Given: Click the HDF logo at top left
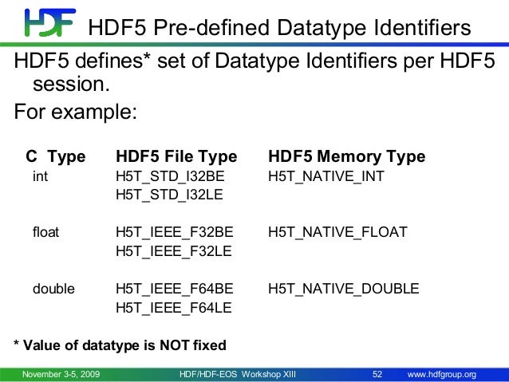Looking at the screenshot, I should click(49, 24).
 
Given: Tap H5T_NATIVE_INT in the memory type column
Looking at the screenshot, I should click(326, 176).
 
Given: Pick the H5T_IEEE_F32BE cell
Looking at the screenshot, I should click(175, 232).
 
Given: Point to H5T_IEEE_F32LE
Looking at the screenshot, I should click(174, 250).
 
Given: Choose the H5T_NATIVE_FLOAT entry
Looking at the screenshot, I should click(337, 232).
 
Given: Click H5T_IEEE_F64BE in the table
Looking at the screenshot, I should click(175, 289).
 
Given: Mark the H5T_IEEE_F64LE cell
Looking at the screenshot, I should click(174, 307).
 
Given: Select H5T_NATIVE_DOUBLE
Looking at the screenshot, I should click(343, 289).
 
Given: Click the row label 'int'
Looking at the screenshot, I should click(39, 176).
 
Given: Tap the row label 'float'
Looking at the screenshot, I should click(45, 232).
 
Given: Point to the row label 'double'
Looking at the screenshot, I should click(53, 289).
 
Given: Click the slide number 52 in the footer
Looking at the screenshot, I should click(379, 374).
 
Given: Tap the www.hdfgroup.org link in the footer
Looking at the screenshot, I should click(442, 374).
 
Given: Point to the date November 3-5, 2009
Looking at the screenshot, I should click(61, 374).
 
